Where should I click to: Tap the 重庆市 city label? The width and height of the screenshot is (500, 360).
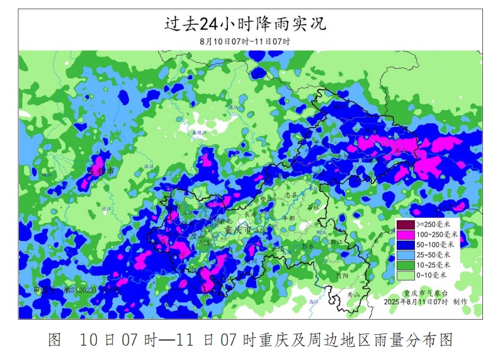pyautogui.click(x=237, y=231)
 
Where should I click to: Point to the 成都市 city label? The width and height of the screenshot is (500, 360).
pyautogui.click(x=101, y=171)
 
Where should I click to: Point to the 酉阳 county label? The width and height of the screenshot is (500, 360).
pyautogui.click(x=342, y=276)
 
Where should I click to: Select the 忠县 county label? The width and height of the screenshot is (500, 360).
pyautogui.click(x=290, y=195)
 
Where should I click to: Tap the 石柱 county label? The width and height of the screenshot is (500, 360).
pyautogui.click(x=313, y=206)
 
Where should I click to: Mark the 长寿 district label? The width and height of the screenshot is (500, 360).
pyautogui.click(x=250, y=214)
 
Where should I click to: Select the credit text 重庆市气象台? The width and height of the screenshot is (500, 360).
pyautogui.click(x=424, y=293)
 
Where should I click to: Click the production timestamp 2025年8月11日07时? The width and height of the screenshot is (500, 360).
pyautogui.click(x=416, y=302)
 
